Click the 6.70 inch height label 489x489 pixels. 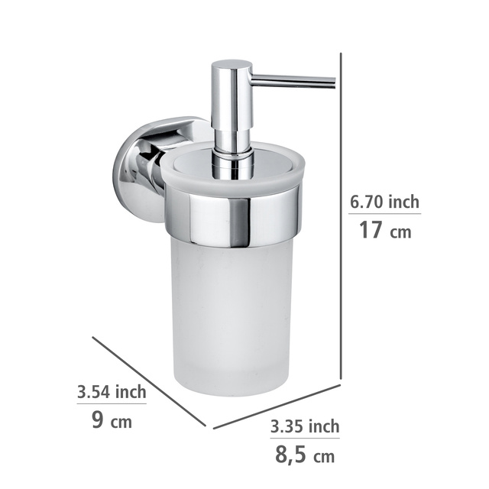(384, 202)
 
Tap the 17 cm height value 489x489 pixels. (384, 229)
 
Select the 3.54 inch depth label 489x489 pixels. (112, 392)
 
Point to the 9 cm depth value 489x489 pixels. (112, 419)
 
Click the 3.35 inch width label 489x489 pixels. (304, 426)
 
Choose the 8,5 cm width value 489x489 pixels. (304, 455)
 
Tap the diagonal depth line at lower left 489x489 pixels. (149, 382)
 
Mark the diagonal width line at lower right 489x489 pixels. (276, 406)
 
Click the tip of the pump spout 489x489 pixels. (332, 81)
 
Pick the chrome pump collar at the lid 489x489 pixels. (233, 164)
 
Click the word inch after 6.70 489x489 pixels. (403, 202)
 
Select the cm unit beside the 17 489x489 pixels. (400, 232)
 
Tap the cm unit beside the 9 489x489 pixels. (121, 421)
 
